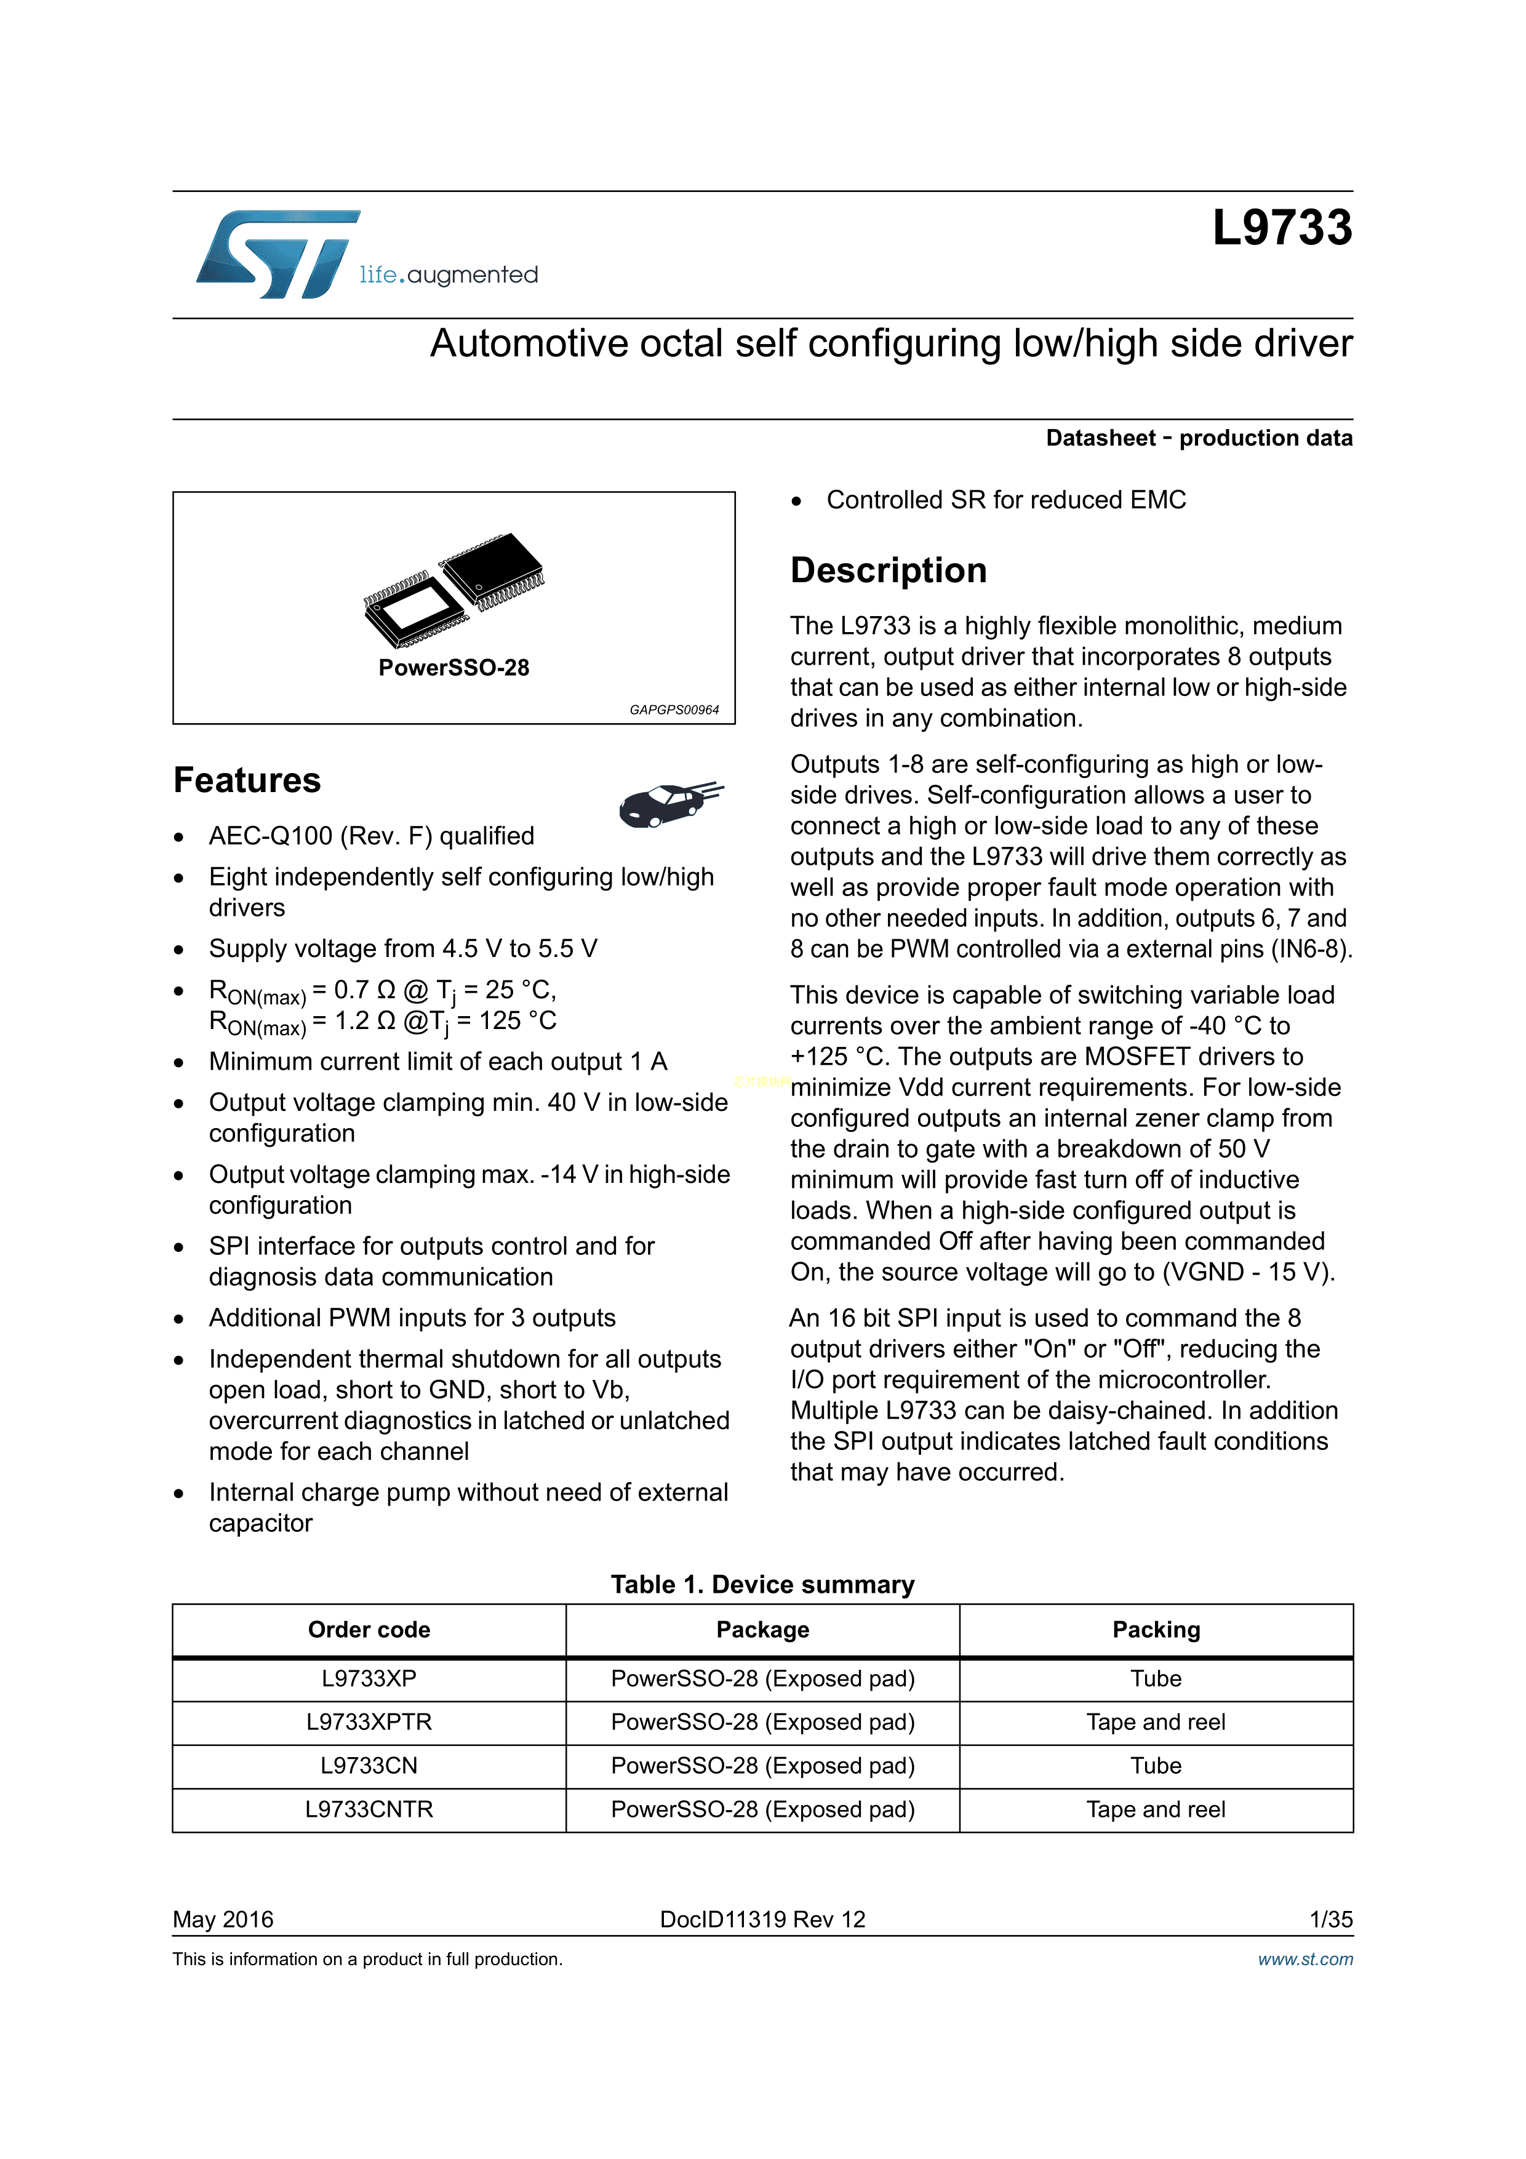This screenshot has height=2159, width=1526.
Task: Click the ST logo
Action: [278, 254]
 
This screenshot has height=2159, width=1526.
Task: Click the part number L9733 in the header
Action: [1282, 228]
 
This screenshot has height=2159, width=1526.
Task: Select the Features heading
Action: [247, 780]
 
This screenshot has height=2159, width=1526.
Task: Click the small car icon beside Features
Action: [669, 804]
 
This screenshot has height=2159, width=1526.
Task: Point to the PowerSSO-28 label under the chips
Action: [453, 668]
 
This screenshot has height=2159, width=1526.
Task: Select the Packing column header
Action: [1156, 1630]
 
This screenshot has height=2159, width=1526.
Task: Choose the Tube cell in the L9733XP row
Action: [1156, 1678]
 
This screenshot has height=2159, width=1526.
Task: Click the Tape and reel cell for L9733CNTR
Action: [1156, 1809]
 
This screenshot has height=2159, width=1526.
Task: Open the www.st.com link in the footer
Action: [1305, 1959]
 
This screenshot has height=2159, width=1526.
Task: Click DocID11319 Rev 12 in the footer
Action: [762, 1919]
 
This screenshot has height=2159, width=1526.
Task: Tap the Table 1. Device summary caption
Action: [762, 1584]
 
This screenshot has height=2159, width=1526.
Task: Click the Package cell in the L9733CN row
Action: [762, 1765]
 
